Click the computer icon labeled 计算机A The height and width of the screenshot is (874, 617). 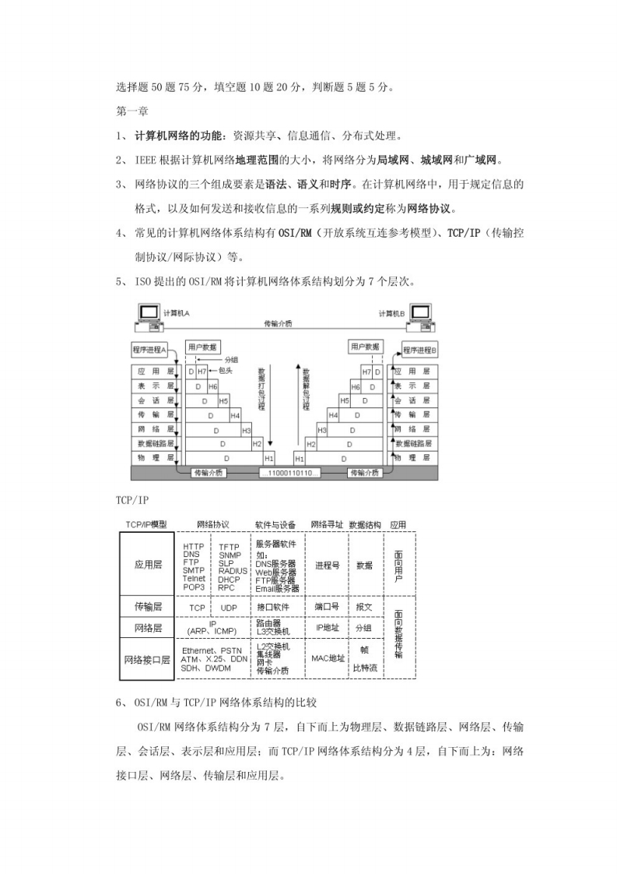coord(148,312)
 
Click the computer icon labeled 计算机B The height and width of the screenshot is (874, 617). coord(420,312)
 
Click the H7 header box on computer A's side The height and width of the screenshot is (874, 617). coord(202,372)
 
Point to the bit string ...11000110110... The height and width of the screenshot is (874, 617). coord(289,473)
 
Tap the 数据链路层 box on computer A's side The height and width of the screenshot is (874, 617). coord(155,443)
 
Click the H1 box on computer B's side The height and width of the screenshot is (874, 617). coord(300,458)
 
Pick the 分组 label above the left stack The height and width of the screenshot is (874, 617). coord(232,360)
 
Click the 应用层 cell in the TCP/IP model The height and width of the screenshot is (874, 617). coord(148,565)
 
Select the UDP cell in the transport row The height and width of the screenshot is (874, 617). coord(229,607)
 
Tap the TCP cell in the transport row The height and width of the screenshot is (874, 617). coord(198,607)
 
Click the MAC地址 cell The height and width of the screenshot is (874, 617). coord(328,658)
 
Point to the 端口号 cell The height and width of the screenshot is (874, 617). coord(326,606)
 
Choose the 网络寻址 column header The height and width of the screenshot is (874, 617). coord(327,524)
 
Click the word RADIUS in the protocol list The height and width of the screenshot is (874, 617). coord(233,571)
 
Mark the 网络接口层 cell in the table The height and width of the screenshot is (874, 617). coord(148,660)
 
